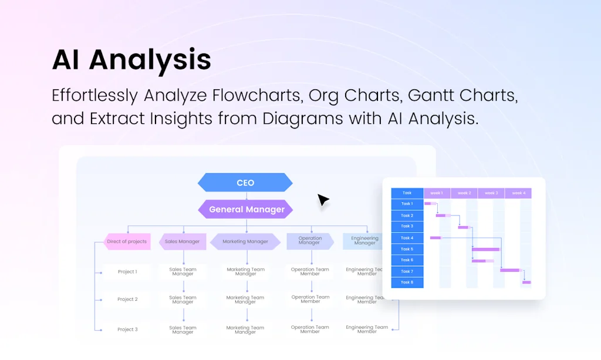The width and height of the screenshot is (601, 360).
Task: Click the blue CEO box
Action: pos(245,183)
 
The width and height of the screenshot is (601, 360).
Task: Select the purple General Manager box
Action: pos(247,209)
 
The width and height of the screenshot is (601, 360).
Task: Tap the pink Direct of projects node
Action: pos(127,241)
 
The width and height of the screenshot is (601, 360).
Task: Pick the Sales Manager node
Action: pos(182,241)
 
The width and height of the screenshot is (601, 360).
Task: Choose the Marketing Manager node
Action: pos(245,241)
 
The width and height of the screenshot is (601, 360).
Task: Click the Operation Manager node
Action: pos(310,241)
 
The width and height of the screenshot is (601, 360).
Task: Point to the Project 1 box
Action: pos(127,272)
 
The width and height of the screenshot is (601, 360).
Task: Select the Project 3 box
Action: pos(127,329)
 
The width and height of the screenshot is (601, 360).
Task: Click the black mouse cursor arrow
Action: pos(323,200)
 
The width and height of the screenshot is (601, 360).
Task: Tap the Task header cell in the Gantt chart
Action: pos(407,193)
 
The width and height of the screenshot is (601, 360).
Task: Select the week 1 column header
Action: pos(437,193)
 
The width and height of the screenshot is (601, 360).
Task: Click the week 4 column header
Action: pos(518,193)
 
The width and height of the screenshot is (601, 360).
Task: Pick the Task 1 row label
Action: pos(407,204)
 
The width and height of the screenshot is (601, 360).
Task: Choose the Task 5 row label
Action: pos(407,249)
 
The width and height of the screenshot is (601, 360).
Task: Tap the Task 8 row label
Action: pos(407,282)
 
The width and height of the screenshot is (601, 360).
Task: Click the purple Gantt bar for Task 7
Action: pos(509,270)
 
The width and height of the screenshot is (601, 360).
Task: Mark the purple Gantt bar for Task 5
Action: pos(485,249)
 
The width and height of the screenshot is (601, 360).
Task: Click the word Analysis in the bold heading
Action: pos(150,59)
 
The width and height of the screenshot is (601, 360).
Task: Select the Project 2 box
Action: pos(127,300)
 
